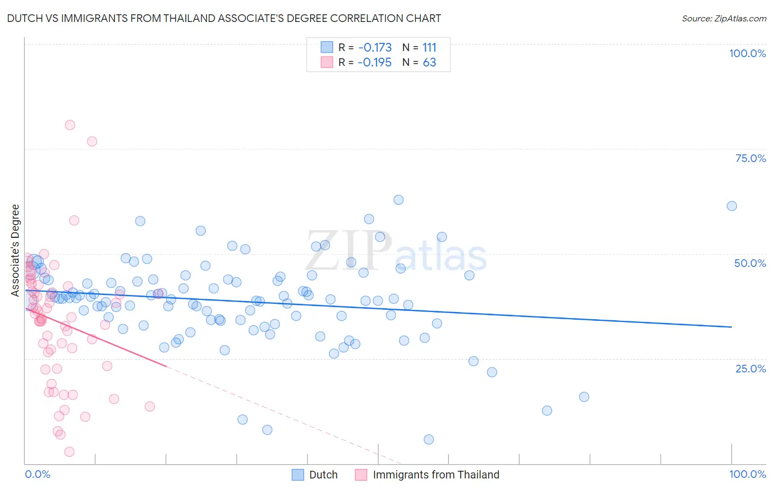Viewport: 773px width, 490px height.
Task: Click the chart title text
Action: tap(224, 18)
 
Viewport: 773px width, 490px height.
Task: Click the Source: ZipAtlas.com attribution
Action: tap(724, 18)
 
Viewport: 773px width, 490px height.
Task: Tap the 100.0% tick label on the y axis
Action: tap(747, 53)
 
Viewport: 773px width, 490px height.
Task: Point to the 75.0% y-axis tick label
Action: tap(750, 158)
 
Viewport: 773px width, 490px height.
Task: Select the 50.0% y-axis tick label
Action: tap(750, 263)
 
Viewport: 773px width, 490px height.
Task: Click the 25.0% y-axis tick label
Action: tap(750, 368)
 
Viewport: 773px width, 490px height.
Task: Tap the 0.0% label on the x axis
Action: tap(37, 474)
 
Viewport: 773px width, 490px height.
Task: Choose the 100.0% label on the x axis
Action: tap(747, 474)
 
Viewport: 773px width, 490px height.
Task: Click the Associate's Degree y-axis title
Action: tap(15, 250)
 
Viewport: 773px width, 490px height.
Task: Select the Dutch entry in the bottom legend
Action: tap(323, 475)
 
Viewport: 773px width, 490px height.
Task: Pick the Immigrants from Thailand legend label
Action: tap(436, 475)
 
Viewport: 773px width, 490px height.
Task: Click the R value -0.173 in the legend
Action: tap(375, 48)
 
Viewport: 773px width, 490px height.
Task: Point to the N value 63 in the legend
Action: tap(429, 63)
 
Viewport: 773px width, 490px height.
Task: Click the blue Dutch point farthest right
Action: tap(732, 206)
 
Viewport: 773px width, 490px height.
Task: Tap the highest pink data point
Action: tap(70, 125)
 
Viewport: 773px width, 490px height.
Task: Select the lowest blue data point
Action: tap(429, 439)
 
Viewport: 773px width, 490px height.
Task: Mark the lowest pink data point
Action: tap(69, 452)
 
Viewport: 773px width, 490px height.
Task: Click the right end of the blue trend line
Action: tap(731, 327)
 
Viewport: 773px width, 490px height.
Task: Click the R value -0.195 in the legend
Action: tap(374, 63)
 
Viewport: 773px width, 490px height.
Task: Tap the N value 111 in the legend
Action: tap(429, 48)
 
